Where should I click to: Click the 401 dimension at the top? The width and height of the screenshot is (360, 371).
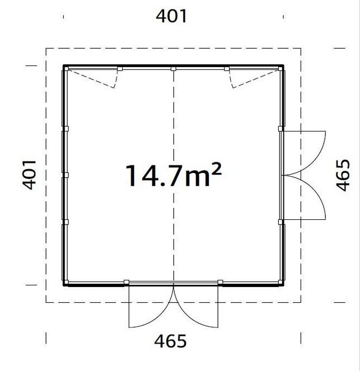click(171, 16)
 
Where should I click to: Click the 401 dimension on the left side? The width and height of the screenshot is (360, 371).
click(29, 175)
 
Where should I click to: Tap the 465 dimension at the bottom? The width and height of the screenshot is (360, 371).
click(170, 341)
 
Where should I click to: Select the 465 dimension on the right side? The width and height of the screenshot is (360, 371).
click(343, 175)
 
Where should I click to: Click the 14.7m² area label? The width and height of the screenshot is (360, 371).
click(174, 175)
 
